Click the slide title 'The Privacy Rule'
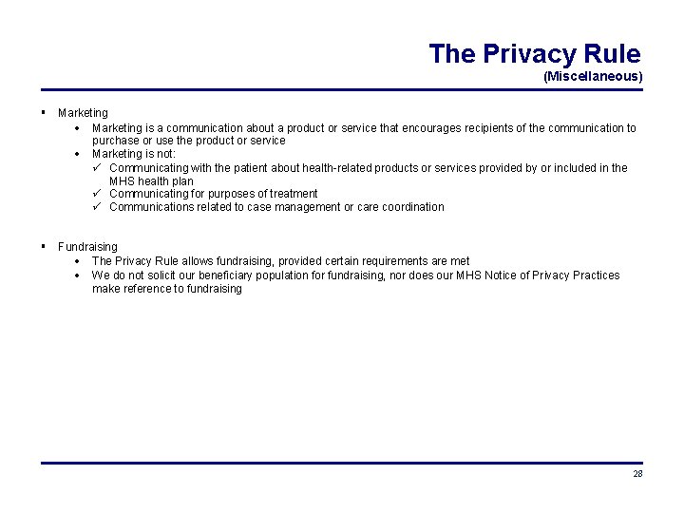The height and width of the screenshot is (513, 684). [x=534, y=53]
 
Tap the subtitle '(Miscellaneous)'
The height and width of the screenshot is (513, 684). [x=593, y=76]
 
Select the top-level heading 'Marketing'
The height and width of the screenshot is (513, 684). [x=83, y=113]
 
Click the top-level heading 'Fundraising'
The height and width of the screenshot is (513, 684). [x=87, y=247]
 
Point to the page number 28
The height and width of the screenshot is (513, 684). [x=637, y=474]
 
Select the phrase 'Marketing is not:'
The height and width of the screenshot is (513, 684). [x=134, y=154]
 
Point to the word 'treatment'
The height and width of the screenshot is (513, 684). [x=294, y=194]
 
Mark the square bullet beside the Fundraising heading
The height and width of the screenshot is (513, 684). [x=45, y=246]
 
